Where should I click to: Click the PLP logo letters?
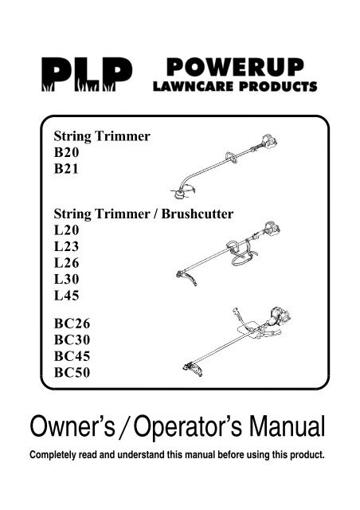point(87,74)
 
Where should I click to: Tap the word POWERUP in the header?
point(235,67)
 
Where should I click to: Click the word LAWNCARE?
point(194,87)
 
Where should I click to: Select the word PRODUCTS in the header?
point(278,87)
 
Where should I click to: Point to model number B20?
point(66,152)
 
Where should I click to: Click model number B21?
point(66,168)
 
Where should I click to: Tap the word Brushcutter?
point(198,214)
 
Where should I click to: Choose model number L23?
point(66,246)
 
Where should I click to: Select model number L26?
point(66,262)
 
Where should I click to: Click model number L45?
point(66,295)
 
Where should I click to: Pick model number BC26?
point(72,324)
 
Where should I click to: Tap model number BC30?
point(72,340)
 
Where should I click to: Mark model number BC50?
point(72,372)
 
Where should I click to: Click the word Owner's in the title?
point(72,426)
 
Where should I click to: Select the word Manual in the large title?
point(288,426)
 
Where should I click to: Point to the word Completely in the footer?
point(53,455)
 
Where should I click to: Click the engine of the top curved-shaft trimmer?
point(268,142)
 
